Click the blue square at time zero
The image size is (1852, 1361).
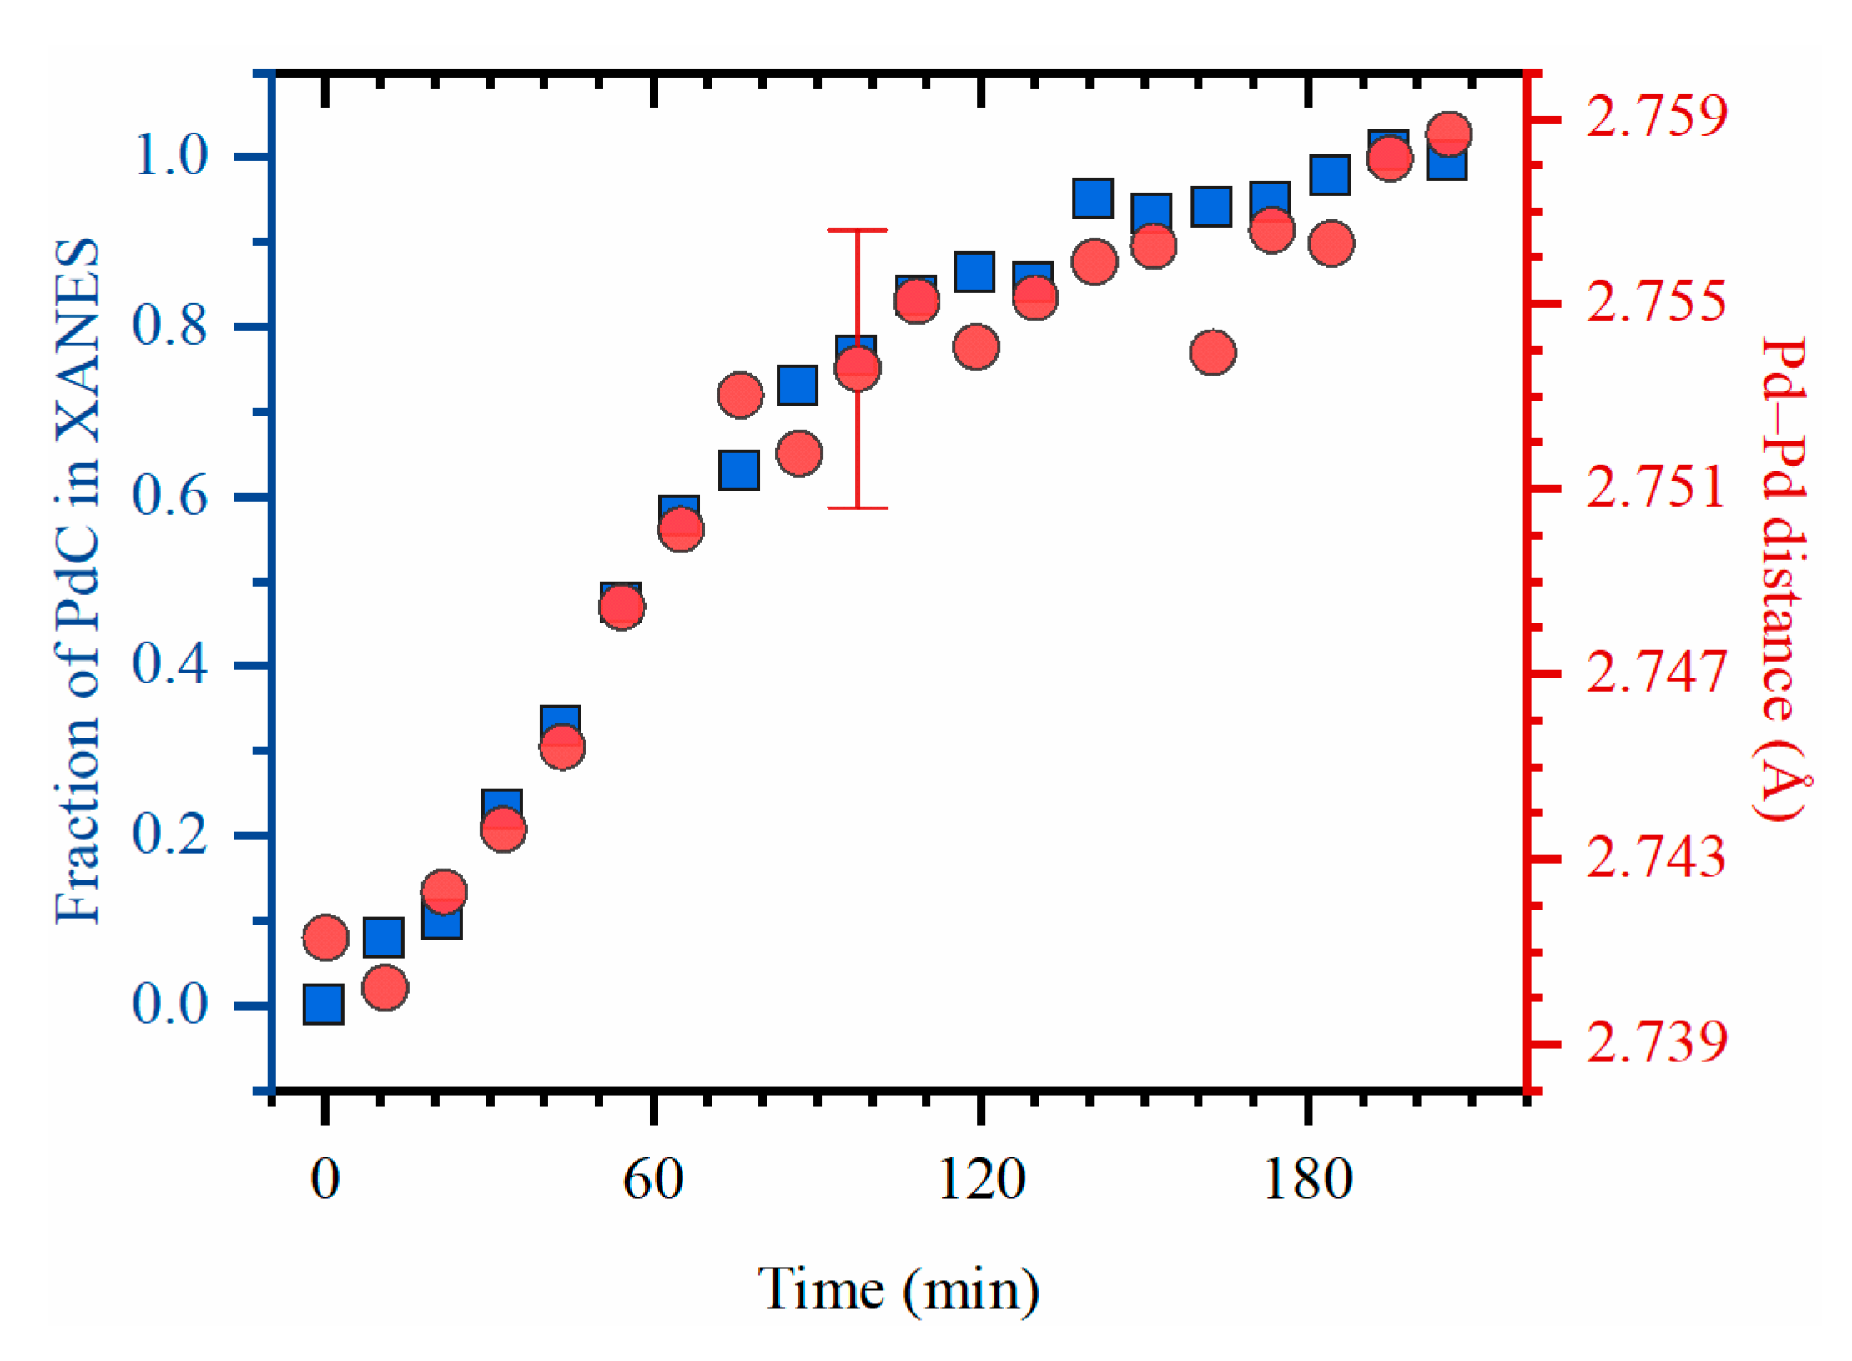(x=323, y=1004)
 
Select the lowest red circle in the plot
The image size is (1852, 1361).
(x=385, y=988)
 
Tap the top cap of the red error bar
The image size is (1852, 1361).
(x=857, y=229)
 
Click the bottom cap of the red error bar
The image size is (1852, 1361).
(x=857, y=507)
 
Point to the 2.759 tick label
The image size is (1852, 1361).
(x=1655, y=116)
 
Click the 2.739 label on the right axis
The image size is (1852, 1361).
(x=1655, y=1042)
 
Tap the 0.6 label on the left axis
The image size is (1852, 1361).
(x=169, y=496)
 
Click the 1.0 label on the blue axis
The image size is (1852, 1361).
(x=169, y=155)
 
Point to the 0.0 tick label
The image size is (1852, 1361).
(x=169, y=1004)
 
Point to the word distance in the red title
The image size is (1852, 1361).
(x=1783, y=617)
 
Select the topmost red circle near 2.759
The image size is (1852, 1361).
(x=1448, y=134)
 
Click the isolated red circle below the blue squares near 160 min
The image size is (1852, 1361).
(x=1212, y=352)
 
